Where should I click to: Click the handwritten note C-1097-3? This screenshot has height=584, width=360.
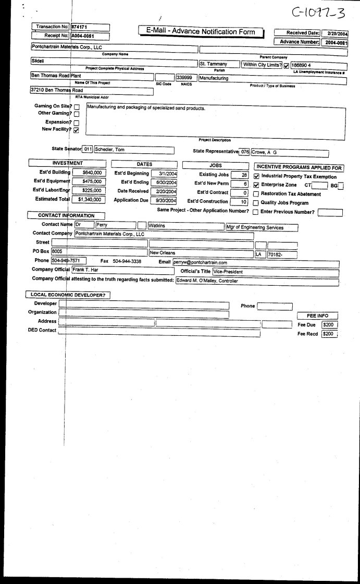pos(321,11)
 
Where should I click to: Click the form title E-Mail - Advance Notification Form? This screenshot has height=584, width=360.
pos(201,32)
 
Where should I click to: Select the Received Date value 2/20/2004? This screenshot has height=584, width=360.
pos(334,33)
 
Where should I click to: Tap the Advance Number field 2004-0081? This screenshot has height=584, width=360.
pos(334,43)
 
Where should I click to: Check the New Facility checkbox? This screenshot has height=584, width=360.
pos(77,130)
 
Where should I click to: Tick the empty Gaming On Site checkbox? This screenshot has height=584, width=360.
pos(77,106)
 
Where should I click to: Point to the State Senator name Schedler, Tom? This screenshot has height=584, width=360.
pos(134,150)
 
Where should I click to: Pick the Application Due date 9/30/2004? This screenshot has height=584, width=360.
pos(163,200)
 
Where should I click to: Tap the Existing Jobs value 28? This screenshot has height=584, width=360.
pos(240,175)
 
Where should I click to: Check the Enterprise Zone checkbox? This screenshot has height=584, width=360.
pos(256,185)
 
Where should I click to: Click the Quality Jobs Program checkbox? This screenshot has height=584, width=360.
pos(256,203)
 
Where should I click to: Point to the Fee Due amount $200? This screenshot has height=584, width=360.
pos(329,324)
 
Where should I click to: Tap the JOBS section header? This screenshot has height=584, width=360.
pos(215,164)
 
